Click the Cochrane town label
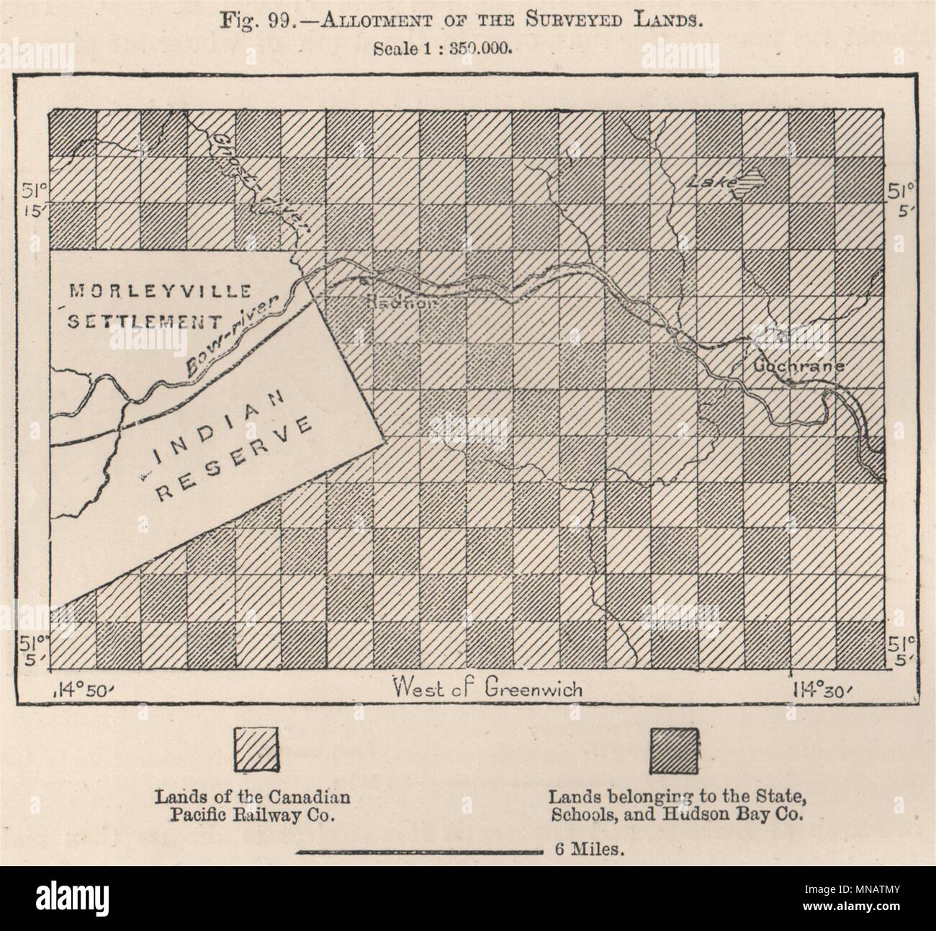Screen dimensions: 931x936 tap(798, 366)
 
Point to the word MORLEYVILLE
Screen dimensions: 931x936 tap(160, 292)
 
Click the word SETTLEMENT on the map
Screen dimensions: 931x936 tap(144, 321)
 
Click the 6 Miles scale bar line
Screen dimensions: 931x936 tap(418, 852)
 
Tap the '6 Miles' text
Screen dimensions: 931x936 tap(588, 850)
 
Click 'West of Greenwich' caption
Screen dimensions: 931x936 tap(487, 688)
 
